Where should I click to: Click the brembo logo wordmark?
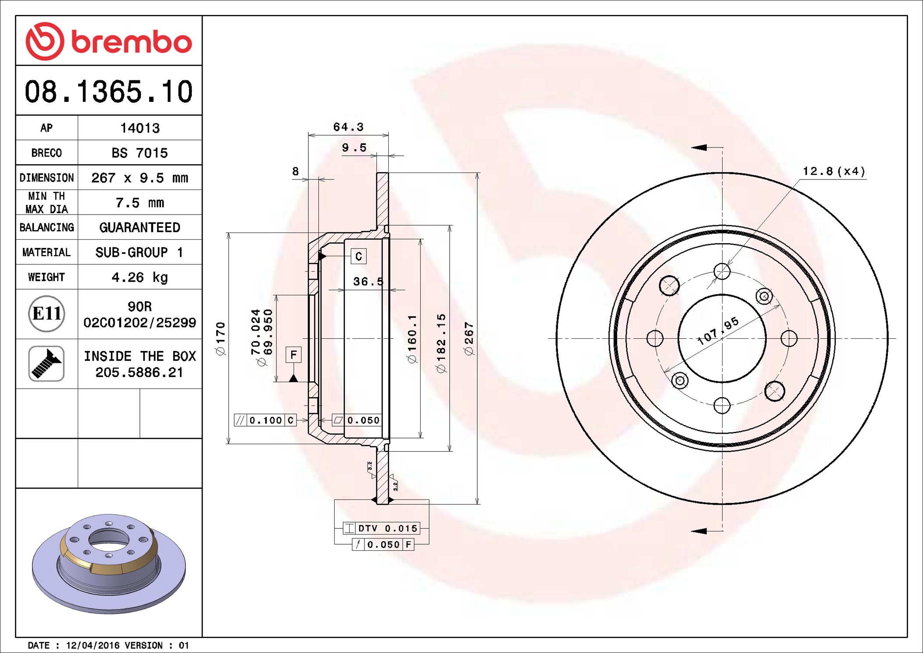click(131, 42)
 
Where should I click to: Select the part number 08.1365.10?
click(109, 92)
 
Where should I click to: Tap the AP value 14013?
click(140, 128)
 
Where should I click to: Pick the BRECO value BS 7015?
click(140, 153)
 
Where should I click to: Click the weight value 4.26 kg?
click(140, 277)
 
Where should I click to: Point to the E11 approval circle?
click(47, 313)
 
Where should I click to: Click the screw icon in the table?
click(47, 363)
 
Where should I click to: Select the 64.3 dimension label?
click(348, 127)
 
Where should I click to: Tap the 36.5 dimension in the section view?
click(368, 281)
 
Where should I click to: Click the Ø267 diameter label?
click(469, 339)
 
